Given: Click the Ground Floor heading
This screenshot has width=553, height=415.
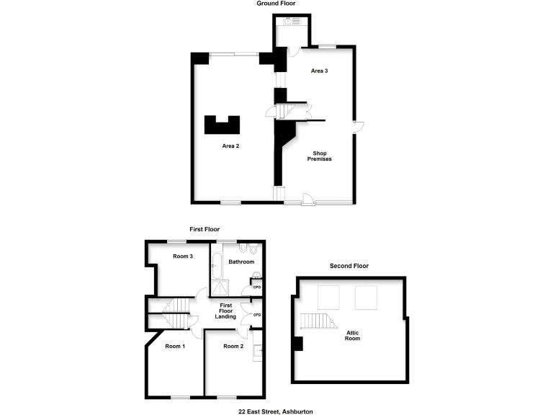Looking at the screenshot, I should (276, 4).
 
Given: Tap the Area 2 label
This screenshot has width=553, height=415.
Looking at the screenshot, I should (230, 146).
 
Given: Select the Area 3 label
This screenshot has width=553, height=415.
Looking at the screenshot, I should (320, 71).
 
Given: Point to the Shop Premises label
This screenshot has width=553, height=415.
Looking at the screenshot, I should (320, 156).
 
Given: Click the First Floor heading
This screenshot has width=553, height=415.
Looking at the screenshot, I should (204, 229).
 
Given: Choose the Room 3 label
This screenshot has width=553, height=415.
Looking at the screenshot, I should (183, 256).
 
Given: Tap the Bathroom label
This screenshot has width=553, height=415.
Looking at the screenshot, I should (242, 262).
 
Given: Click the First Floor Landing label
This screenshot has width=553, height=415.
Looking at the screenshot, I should (225, 311).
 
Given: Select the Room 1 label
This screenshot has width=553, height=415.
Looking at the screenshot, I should (174, 346).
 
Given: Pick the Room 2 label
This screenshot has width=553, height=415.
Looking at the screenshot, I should (234, 346).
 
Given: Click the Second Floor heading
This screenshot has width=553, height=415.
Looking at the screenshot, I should (349, 266).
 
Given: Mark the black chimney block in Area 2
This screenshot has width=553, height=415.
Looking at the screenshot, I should (222, 125).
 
